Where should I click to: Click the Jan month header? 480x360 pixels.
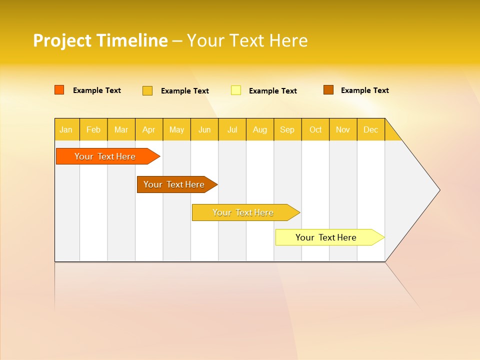tap(66, 129)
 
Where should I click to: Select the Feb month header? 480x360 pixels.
tap(93, 129)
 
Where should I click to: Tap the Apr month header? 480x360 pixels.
tap(149, 129)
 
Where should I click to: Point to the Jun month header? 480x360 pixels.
tap(204, 129)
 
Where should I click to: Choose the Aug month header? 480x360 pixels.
tap(260, 129)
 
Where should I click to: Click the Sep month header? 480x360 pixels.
tap(287, 129)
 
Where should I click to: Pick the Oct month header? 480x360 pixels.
tap(315, 129)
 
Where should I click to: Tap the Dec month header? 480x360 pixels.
tap(371, 129)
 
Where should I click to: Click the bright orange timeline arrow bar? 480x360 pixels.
tap(105, 156)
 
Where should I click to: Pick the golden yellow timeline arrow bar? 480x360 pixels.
tap(243, 212)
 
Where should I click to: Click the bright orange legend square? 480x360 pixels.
tap(59, 90)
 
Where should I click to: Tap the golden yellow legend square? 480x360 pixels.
tap(147, 90)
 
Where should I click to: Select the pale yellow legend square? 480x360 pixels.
tap(236, 90)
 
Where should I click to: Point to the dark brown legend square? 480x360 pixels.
tap(328, 90)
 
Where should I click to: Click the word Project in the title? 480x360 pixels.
tap(62, 40)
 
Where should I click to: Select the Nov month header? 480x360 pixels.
tap(343, 129)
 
